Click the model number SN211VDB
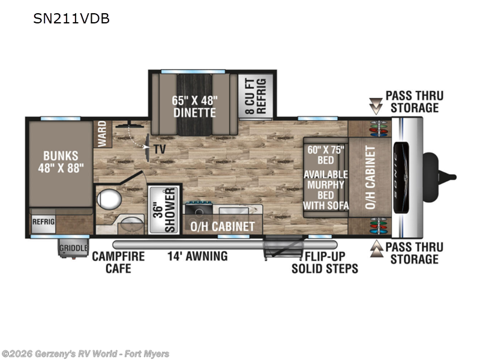[x=71, y=19]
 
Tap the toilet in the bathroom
[x=109, y=199]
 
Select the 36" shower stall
[x=164, y=209]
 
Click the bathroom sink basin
[x=131, y=224]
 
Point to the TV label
[x=160, y=149]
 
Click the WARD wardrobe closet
[x=103, y=134]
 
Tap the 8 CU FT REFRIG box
[x=256, y=96]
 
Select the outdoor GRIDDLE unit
[x=73, y=248]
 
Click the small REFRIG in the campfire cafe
[x=43, y=221]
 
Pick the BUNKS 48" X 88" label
[x=61, y=162]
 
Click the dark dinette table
[x=194, y=104]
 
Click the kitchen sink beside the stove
[x=233, y=211]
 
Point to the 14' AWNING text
[x=197, y=256]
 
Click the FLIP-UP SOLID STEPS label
[x=325, y=262]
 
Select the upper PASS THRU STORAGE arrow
[x=376, y=106]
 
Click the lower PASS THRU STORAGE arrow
[x=376, y=248]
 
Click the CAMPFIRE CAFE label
[x=118, y=262]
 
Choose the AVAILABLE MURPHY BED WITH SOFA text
[x=326, y=190]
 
